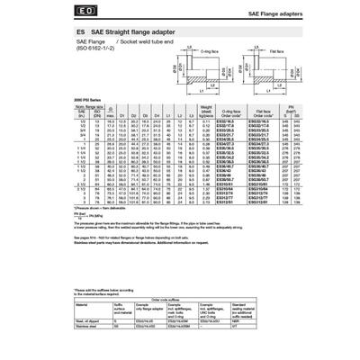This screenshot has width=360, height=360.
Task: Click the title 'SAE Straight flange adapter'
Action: (x=130, y=31)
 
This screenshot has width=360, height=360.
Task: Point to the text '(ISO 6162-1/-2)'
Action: (x=96, y=49)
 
